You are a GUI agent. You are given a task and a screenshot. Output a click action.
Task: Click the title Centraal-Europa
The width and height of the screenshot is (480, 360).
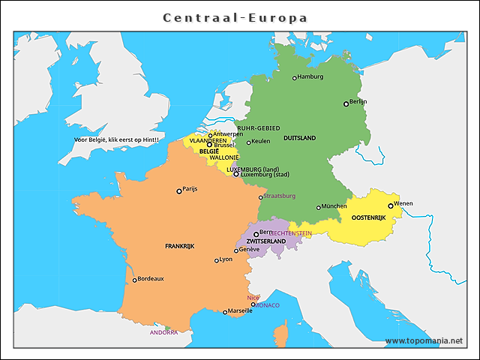(235, 17)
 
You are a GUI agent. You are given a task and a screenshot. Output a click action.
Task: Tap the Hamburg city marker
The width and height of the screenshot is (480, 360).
(295, 77)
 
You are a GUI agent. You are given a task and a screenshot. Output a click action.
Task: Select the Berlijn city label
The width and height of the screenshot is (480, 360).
(358, 101)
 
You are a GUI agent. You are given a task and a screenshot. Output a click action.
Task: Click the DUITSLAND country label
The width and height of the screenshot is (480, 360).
(299, 138)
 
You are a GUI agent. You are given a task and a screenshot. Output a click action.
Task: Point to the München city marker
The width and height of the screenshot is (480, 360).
(319, 207)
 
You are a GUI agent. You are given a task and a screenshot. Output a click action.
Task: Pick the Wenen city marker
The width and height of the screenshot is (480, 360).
(390, 205)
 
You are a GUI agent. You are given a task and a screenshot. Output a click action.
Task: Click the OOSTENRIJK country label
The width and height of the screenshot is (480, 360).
(368, 217)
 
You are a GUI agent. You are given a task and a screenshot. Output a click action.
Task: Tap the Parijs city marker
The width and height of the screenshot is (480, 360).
(178, 190)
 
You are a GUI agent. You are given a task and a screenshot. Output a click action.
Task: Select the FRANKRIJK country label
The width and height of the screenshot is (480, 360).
(179, 246)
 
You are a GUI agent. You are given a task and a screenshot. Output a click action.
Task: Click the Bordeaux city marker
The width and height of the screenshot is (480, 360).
(135, 280)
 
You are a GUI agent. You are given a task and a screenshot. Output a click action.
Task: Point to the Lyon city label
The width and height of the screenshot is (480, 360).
(226, 259)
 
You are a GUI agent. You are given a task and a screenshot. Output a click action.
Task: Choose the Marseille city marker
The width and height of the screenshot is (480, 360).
(225, 312)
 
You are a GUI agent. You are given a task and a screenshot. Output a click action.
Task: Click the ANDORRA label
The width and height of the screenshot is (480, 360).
(163, 332)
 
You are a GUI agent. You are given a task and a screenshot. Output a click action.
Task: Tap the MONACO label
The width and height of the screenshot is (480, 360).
(268, 305)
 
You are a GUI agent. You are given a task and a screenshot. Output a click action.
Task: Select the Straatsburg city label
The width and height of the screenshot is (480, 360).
(280, 196)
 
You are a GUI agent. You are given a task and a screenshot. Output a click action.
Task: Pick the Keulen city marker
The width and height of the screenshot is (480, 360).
(249, 142)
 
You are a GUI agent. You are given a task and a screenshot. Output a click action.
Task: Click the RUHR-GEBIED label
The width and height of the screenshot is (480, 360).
(258, 128)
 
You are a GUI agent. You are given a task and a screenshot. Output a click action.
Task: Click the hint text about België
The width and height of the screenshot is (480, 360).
(116, 139)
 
